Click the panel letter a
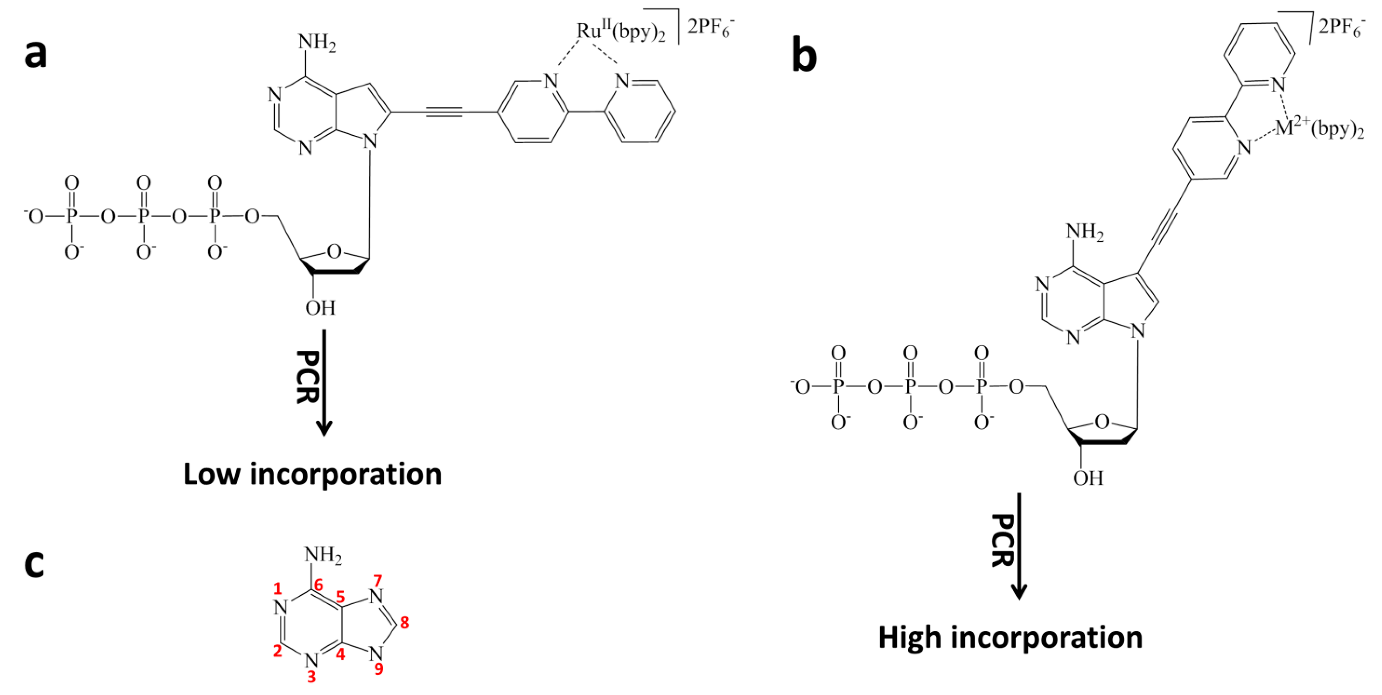[36, 55]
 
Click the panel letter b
[804, 55]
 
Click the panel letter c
[34, 565]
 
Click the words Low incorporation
[312, 475]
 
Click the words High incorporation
[1010, 638]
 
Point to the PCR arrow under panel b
[1018, 545]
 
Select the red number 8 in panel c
[405, 623]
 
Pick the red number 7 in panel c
[378, 581]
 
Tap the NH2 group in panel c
[323, 555]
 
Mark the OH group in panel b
[1088, 478]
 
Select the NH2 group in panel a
[317, 42]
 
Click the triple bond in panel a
[444, 112]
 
